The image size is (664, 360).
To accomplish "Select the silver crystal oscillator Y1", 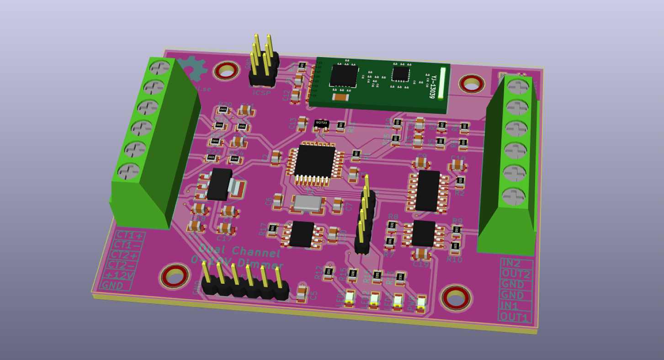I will coord(308,203).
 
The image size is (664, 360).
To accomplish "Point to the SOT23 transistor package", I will coord(321,123).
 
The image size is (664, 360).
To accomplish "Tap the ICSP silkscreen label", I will coord(262,93).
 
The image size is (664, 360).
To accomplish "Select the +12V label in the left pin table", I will coord(119,275).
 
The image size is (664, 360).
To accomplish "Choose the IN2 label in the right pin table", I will coord(516,264).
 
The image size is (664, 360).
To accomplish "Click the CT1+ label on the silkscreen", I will coord(130,236).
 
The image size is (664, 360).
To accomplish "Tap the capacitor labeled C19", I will coord(421,254).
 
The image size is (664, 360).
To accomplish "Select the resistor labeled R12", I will coord(329,273).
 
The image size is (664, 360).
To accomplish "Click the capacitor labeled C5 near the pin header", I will coord(302,292).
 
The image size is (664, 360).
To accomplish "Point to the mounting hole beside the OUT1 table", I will coord(456,298).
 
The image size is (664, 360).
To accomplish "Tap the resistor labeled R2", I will coord(461,182).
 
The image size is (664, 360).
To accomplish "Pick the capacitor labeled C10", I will coord(457,164).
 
